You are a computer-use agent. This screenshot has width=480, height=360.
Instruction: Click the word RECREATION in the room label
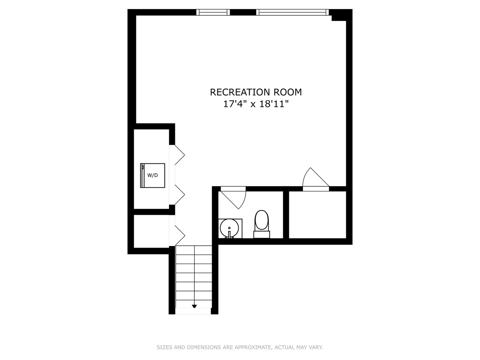pos(240,92)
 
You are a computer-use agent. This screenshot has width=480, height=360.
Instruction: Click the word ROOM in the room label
pos(288,92)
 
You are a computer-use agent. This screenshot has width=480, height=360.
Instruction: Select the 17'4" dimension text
pos(235,104)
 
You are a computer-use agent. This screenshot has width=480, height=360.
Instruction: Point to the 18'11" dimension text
pos(274,104)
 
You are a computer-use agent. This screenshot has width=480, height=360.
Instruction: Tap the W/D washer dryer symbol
pos(153,175)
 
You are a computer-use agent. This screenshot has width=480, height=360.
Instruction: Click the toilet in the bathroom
pos(262,220)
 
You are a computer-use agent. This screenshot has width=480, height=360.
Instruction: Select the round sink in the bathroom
pos(229,228)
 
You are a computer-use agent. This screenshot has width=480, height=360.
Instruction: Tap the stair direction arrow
pos(194,306)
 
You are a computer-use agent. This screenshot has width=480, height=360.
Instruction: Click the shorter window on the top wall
pos(213,12)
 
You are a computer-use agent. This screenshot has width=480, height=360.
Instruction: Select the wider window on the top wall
pos(292,12)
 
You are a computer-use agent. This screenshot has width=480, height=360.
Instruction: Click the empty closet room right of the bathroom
pos(317,215)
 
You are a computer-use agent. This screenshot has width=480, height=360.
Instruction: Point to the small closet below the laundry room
pos(152,231)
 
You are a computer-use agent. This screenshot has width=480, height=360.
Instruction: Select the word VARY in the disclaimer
pos(315,347)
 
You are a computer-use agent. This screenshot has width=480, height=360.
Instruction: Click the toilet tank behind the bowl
pos(262,235)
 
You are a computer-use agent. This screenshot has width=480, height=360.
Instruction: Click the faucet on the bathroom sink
pos(229,233)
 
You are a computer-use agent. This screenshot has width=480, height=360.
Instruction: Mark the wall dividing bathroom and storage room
pos(286,215)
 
